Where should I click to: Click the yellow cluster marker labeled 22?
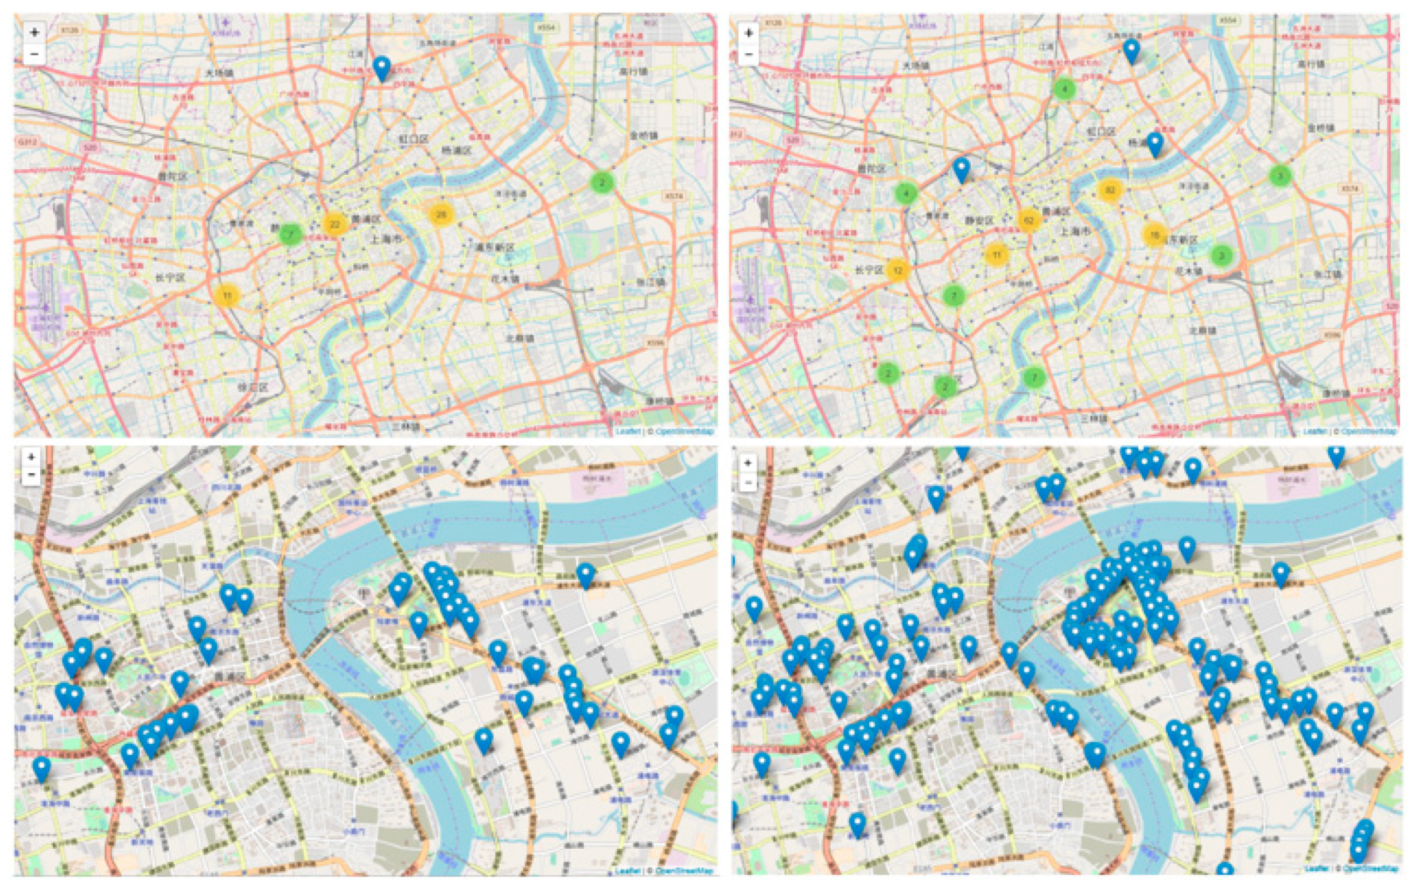tap(334, 224)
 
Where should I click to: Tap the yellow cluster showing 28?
tap(440, 214)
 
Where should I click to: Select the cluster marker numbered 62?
tap(1028, 220)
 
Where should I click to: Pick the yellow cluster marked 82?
tap(1109, 190)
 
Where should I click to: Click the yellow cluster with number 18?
tap(1154, 235)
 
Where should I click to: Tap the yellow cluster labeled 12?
tap(898, 270)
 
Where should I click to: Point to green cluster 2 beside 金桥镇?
tap(602, 182)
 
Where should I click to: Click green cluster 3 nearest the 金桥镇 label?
tap(1280, 175)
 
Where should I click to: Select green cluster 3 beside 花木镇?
tap(1221, 255)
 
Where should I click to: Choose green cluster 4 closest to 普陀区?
tap(906, 193)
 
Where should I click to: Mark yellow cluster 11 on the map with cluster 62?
tap(996, 254)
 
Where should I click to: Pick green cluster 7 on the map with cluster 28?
tap(291, 234)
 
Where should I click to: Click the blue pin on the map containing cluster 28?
tap(381, 69)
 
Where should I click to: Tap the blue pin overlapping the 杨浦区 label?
tap(1155, 143)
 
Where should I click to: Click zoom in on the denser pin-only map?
tap(747, 463)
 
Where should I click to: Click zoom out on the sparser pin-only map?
tap(31, 475)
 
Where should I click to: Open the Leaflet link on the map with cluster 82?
tap(1315, 431)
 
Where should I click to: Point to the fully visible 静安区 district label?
tap(979, 220)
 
